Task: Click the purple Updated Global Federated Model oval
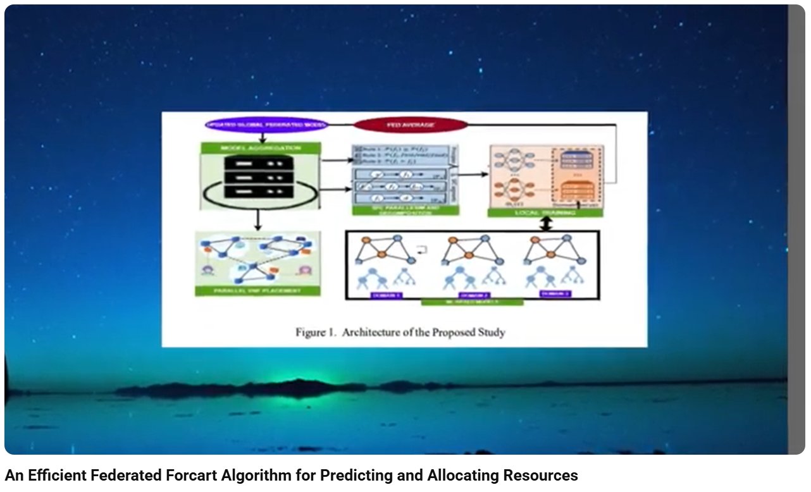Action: [x=267, y=125]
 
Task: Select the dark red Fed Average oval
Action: [x=411, y=125]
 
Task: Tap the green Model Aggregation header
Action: [x=261, y=148]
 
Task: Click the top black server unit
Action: [x=260, y=163]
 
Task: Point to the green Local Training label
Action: [x=545, y=213]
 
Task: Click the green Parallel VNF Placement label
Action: [x=257, y=291]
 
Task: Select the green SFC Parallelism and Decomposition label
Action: [x=406, y=211]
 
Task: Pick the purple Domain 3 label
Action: [x=555, y=293]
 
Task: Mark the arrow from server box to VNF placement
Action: [x=258, y=219]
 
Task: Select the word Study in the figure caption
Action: [x=490, y=332]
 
